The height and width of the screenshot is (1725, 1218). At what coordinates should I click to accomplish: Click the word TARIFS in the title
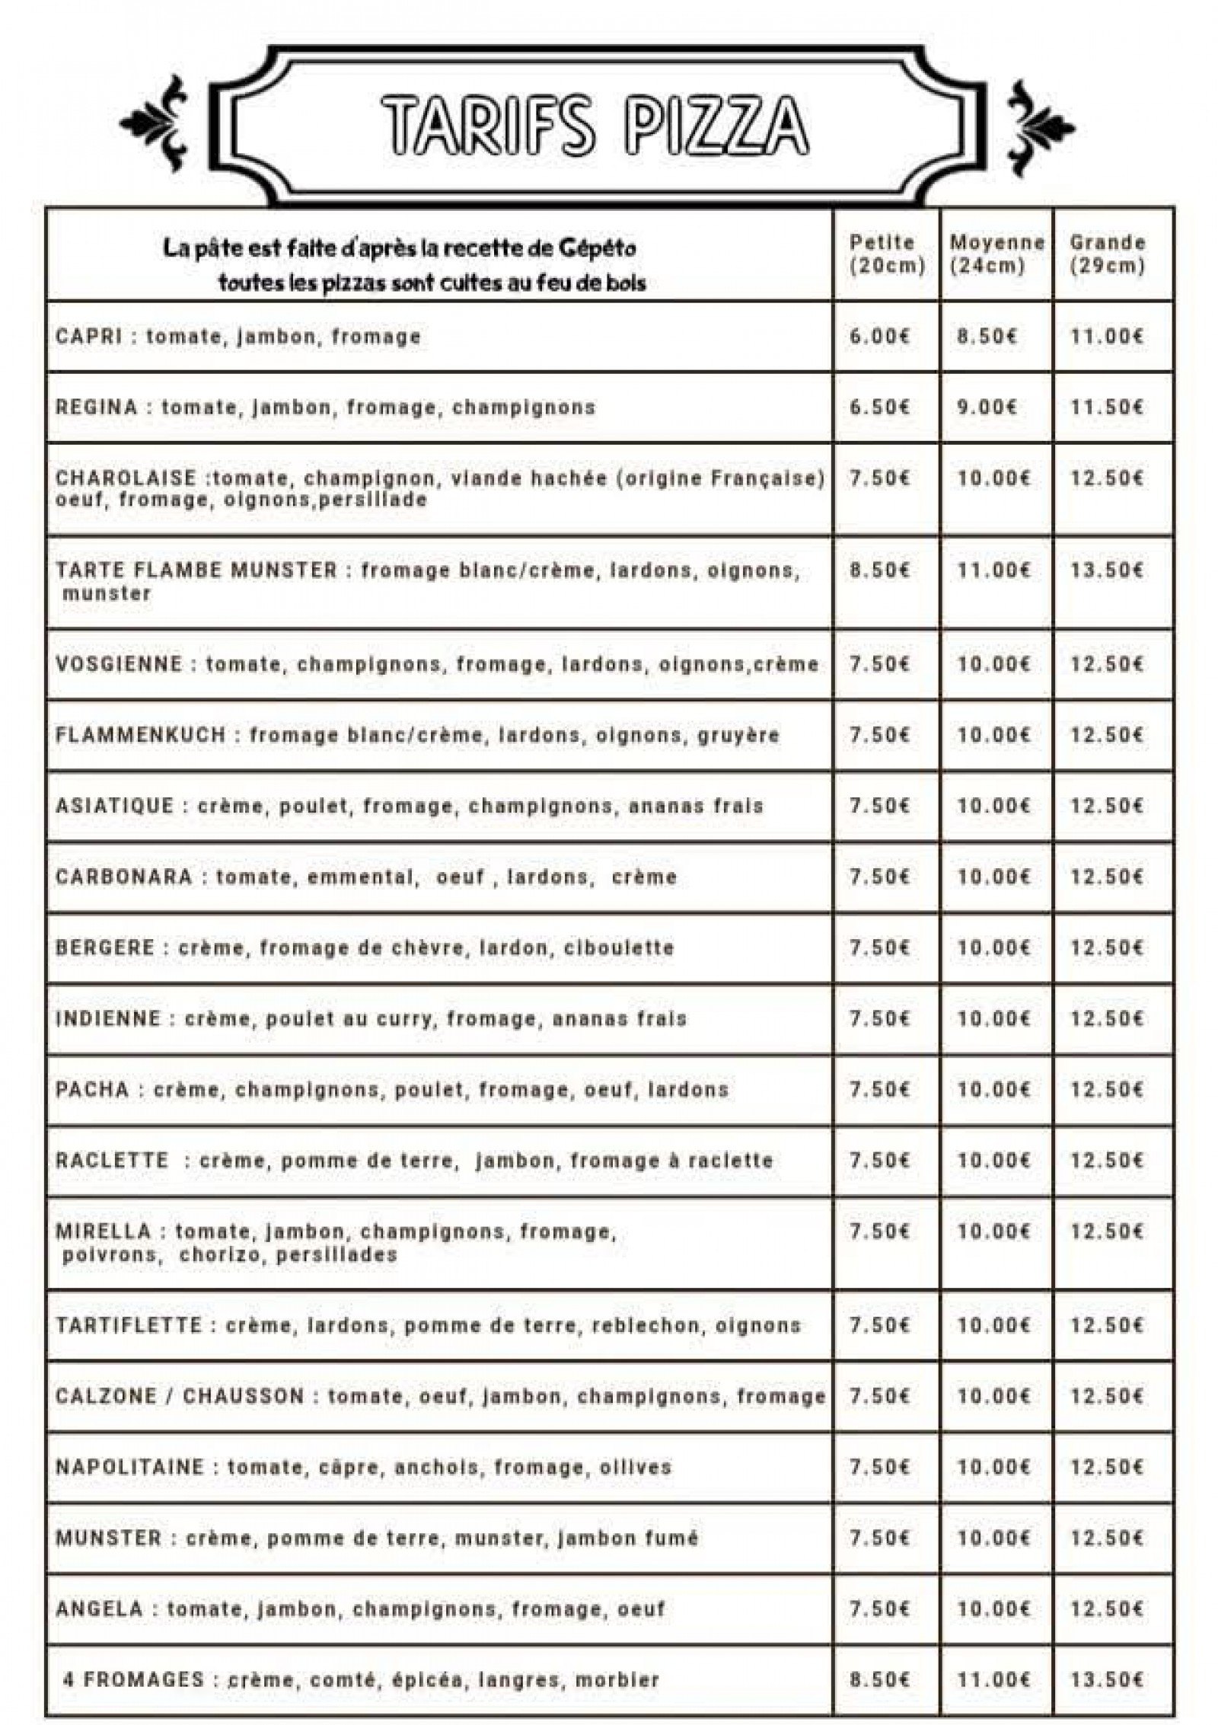click(x=486, y=125)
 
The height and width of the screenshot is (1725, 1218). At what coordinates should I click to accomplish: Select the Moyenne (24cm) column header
click(x=997, y=254)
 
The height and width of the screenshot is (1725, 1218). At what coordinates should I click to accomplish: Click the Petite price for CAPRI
click(x=879, y=337)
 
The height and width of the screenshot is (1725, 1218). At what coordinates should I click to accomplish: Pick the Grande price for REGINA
click(x=1107, y=407)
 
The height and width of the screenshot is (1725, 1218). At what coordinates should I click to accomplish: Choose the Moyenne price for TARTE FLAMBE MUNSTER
click(x=993, y=571)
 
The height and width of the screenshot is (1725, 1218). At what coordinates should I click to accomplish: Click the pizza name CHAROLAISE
click(x=126, y=479)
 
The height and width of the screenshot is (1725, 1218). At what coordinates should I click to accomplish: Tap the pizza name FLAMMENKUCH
click(x=141, y=736)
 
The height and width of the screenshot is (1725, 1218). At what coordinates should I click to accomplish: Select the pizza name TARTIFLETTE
click(x=129, y=1326)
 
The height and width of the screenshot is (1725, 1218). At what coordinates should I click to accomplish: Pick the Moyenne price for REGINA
click(x=987, y=407)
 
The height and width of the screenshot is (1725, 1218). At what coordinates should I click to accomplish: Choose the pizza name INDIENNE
click(x=108, y=1019)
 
